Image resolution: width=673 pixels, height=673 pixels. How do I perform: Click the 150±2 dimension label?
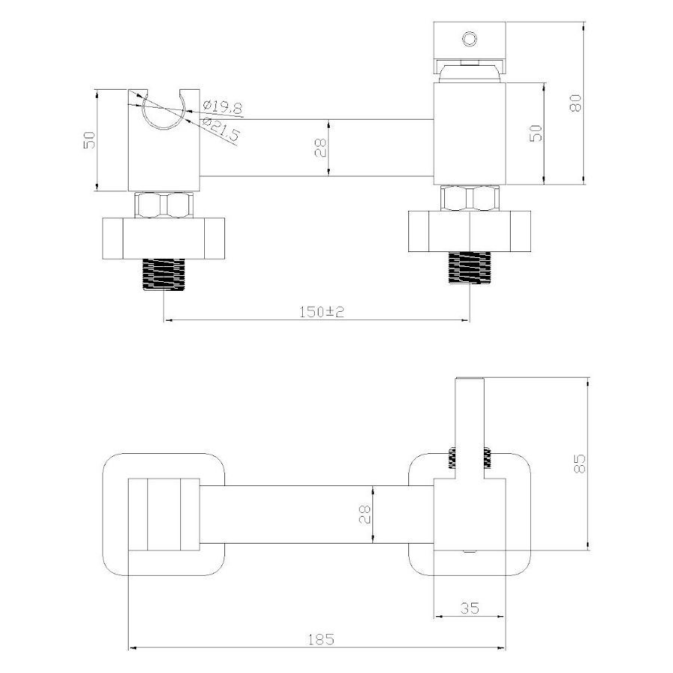(322, 312)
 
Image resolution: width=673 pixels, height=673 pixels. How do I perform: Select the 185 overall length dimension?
(321, 639)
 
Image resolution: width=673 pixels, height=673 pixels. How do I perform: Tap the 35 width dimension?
(470, 608)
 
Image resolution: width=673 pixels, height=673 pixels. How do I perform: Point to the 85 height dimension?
(580, 463)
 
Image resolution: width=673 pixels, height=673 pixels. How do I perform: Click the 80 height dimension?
(576, 103)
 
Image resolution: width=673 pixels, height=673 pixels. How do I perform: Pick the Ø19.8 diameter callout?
(223, 106)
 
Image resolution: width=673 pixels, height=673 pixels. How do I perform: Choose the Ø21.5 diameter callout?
(220, 129)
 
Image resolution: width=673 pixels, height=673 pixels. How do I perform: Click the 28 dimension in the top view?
(321, 147)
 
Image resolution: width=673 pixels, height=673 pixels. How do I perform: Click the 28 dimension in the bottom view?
(364, 514)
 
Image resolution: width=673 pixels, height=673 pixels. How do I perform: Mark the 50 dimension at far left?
(89, 140)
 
